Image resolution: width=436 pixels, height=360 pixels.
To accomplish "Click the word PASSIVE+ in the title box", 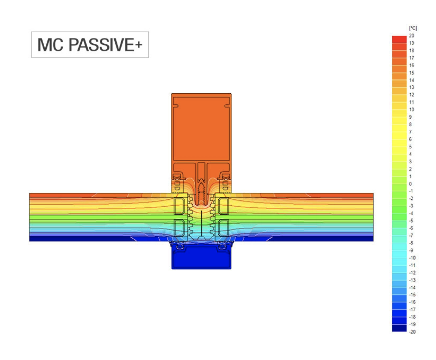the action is click(105, 45).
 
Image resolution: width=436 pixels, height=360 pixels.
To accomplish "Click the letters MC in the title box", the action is click(50, 45).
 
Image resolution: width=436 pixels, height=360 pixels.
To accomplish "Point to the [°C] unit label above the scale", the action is click(413, 29).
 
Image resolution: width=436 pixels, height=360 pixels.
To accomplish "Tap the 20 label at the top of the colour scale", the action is click(412, 36).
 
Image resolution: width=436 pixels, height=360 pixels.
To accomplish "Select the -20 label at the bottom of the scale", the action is click(412, 332).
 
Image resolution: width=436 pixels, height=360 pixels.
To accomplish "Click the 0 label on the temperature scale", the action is click(410, 184).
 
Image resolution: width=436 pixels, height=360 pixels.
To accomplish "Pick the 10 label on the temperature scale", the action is click(412, 110).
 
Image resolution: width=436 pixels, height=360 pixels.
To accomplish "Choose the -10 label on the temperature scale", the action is click(412, 258).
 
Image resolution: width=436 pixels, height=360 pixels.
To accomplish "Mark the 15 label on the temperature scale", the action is click(412, 73).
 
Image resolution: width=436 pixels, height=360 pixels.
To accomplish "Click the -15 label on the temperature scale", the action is click(412, 295).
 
